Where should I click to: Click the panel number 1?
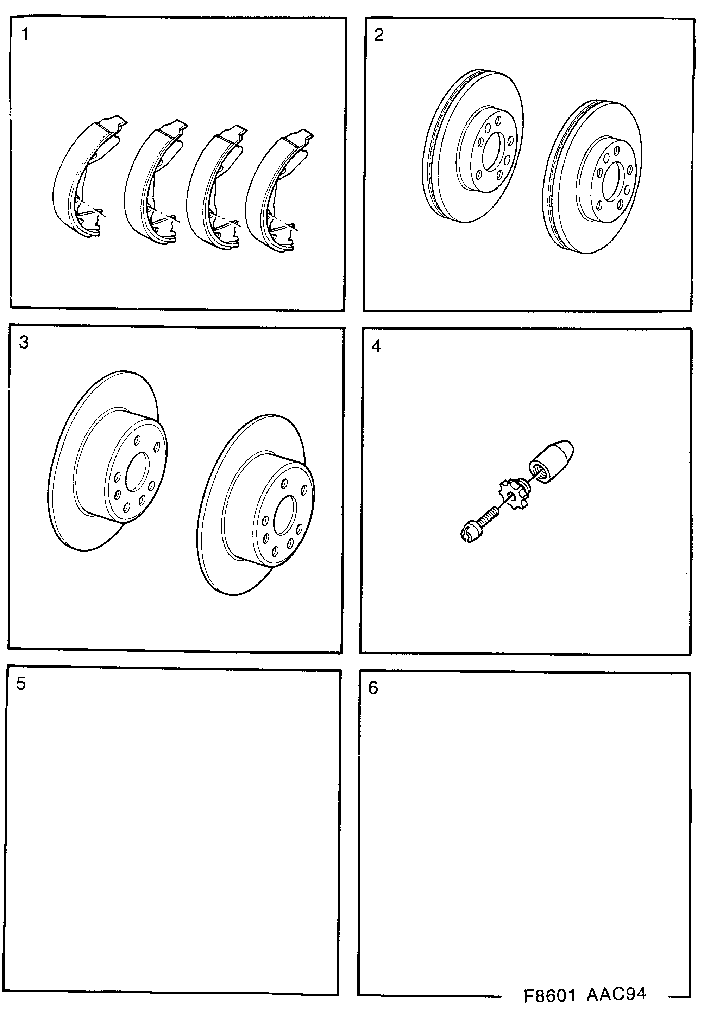(25, 34)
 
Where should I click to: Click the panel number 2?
(378, 35)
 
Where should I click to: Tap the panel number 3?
(24, 342)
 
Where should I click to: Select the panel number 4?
(376, 346)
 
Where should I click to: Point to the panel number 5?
(21, 684)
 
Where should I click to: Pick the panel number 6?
(373, 688)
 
